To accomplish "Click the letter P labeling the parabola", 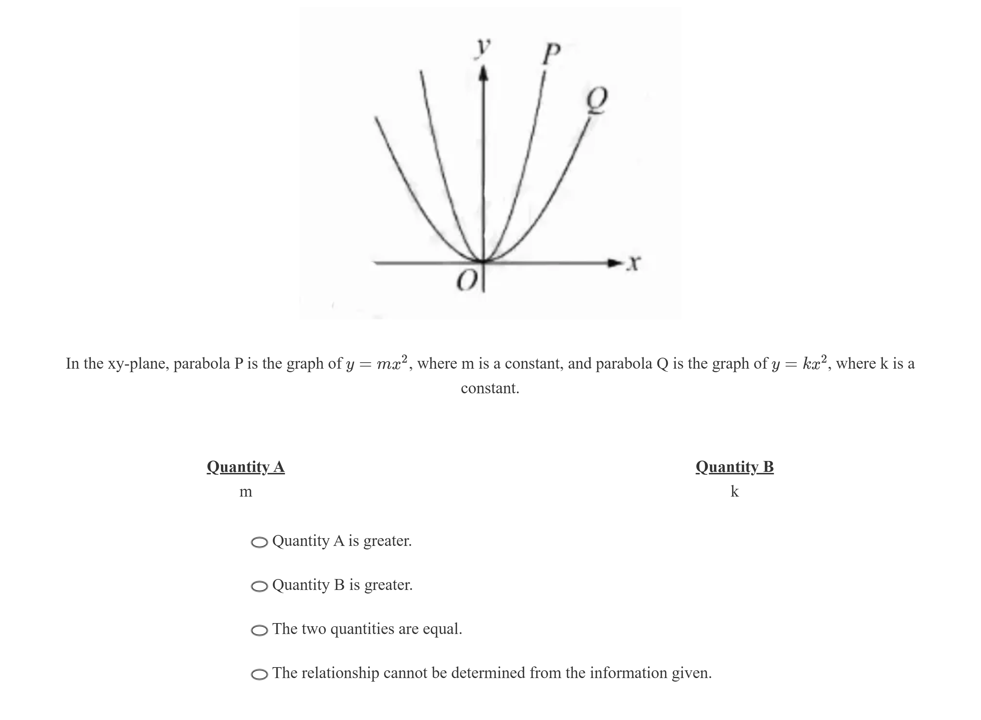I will click(551, 54).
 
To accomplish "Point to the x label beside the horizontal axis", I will click(634, 263).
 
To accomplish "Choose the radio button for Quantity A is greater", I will click(259, 542).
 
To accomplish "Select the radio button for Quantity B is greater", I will click(259, 586).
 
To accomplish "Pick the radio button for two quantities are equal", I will click(259, 630).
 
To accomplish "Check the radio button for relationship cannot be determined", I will click(259, 674).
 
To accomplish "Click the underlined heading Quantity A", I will click(246, 467).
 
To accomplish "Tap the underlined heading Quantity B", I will click(734, 467).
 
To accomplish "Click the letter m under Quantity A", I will click(246, 492).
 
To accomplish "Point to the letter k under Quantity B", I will click(734, 492).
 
